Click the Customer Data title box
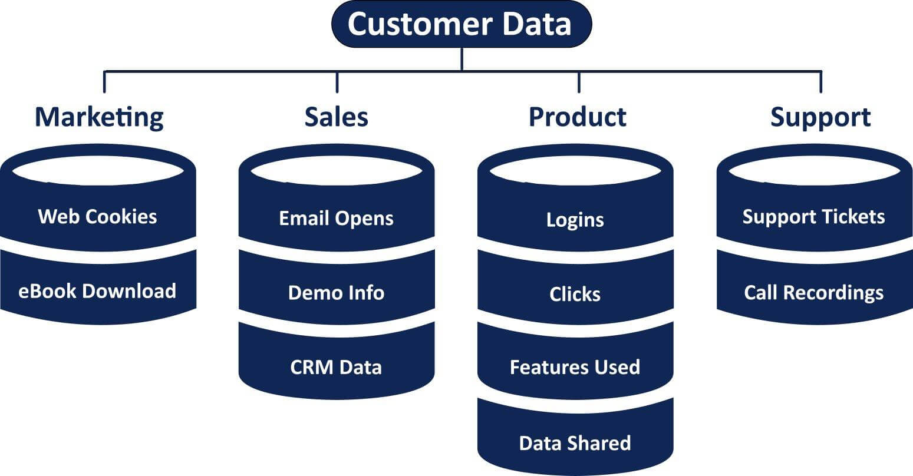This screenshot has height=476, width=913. click(461, 24)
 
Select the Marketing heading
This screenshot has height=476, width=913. click(99, 117)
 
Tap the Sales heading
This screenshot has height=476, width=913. click(336, 117)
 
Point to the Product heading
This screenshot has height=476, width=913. click(577, 117)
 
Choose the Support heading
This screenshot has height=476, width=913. click(820, 117)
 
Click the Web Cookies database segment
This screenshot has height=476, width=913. click(97, 216)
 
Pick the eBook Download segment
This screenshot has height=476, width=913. click(97, 290)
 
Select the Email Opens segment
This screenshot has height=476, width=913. click(336, 218)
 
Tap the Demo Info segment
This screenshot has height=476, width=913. click(336, 292)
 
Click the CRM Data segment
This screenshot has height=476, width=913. click(336, 367)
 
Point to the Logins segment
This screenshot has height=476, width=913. click(575, 220)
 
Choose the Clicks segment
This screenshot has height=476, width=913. click(575, 294)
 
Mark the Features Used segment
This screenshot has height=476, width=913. click(575, 367)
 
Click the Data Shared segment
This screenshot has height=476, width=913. click(575, 442)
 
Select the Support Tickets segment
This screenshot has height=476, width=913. click(813, 216)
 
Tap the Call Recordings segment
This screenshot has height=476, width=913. click(813, 292)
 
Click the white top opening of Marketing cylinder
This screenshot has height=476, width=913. click(97, 171)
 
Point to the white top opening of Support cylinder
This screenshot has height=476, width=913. click(814, 171)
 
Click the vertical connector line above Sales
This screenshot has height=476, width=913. click(337, 82)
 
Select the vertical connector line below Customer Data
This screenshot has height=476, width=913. click(462, 59)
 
